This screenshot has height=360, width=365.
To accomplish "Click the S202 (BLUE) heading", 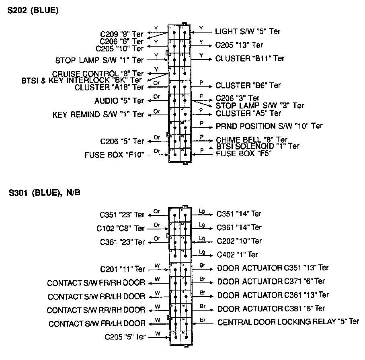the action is click(x=33, y=11).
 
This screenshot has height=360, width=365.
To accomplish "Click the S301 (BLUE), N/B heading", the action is click(x=45, y=193).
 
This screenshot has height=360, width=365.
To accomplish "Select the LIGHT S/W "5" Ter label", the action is click(x=248, y=31).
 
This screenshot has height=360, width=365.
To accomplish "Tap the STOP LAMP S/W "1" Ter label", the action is click(x=99, y=61).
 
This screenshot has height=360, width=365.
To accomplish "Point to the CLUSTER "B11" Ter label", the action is click(x=250, y=58).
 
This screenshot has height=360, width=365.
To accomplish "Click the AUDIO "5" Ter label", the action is click(x=119, y=100).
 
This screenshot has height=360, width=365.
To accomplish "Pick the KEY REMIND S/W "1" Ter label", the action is click(x=98, y=115).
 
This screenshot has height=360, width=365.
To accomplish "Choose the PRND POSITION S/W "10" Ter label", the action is click(x=269, y=126).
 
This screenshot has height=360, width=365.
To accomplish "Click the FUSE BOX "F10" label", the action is click(x=114, y=155).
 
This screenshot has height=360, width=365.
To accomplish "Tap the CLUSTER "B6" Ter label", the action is click(x=248, y=85).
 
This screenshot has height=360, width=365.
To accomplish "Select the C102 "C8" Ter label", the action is click(x=120, y=228).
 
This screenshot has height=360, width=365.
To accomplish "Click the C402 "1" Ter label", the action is click(x=237, y=254).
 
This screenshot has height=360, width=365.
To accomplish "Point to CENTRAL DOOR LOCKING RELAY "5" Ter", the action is click(x=288, y=322).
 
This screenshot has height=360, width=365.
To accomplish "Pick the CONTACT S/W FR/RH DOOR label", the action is click(x=96, y=283).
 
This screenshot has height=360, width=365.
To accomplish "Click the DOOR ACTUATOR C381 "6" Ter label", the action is click(x=271, y=309).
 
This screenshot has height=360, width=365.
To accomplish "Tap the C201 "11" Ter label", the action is click(x=122, y=269).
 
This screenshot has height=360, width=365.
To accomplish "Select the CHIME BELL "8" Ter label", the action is click(x=251, y=140).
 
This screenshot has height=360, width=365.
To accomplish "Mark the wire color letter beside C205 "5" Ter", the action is click(x=157, y=333).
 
